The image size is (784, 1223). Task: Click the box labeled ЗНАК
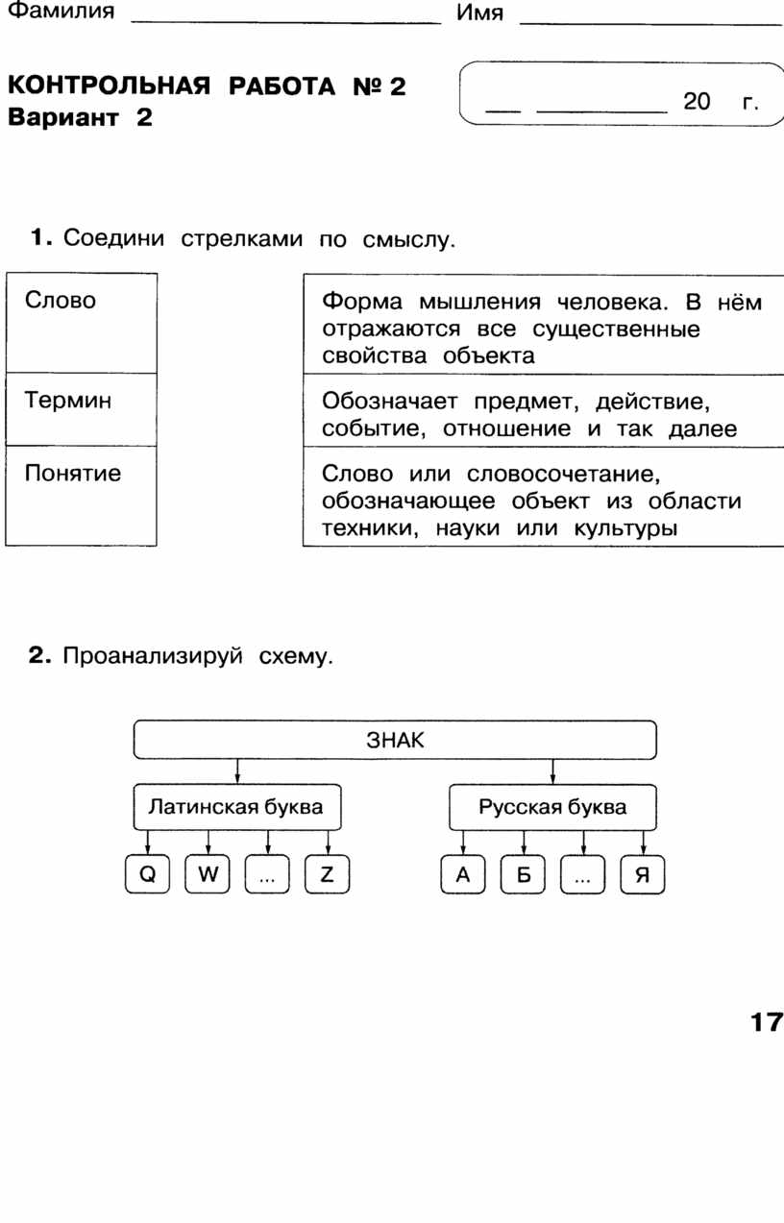[395, 740]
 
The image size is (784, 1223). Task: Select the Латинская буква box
[237, 807]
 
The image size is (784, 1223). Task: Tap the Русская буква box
[552, 807]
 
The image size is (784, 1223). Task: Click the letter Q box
[147, 874]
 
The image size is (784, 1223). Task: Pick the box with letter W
[208, 874]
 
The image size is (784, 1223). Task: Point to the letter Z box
[327, 874]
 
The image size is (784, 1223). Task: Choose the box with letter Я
[643, 874]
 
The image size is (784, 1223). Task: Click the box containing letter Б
[523, 874]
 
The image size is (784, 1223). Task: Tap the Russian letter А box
[462, 874]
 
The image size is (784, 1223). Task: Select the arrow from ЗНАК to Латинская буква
[237, 771]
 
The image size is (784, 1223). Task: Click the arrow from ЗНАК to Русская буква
[552, 771]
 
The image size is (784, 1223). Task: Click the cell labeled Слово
[82, 323]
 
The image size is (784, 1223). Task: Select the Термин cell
[82, 409]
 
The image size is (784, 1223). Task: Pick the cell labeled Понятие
[82, 496]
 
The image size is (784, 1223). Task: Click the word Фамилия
[61, 11]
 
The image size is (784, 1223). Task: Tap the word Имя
[479, 12]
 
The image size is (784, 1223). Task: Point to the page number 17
[767, 1022]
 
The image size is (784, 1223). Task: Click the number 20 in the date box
[697, 101]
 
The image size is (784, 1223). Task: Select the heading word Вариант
[63, 117]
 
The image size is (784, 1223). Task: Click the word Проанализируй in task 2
[153, 656]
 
